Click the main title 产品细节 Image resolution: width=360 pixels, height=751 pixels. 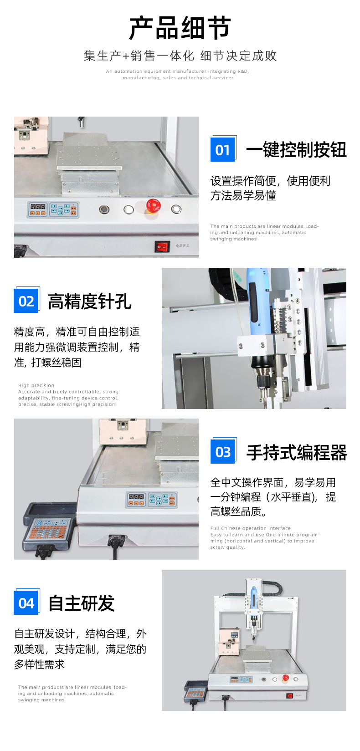pos(180,28)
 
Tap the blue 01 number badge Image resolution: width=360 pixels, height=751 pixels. pos(223,149)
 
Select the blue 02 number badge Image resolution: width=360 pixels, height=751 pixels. pos(26,301)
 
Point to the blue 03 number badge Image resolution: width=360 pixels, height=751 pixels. pos(223,452)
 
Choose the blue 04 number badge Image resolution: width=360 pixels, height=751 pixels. pos(26,603)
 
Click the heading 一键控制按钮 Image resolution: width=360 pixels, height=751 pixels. pos(296,149)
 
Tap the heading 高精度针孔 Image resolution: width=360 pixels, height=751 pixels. pos(90,301)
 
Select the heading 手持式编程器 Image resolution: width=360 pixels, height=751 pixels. pos(297,452)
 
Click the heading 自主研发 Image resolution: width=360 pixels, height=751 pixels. pos(82,603)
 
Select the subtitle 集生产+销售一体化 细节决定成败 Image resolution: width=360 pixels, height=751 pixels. pos(180,56)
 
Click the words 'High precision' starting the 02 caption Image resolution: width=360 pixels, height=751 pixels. pos(36,385)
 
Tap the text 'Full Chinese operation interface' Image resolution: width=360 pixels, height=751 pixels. pos(251,528)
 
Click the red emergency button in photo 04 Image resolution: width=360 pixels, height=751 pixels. pos(286,677)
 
